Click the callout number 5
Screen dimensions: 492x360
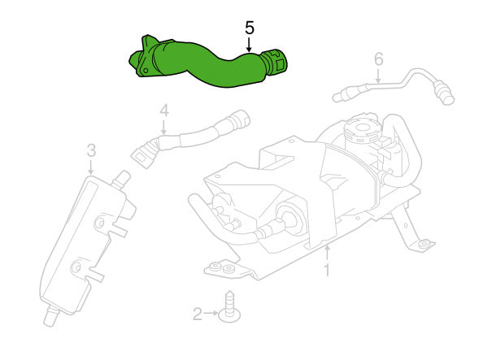tap(250, 28)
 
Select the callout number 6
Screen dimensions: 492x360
tap(379, 59)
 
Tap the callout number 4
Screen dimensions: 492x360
tap(164, 111)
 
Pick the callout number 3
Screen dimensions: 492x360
tap(91, 150)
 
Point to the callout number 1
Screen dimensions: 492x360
tap(327, 270)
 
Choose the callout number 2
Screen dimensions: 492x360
tap(198, 314)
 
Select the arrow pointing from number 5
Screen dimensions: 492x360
tap(249, 45)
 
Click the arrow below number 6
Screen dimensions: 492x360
tap(379, 76)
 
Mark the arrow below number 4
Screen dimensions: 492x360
tap(163, 128)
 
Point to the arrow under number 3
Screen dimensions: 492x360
tap(91, 167)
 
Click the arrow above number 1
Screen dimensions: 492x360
tap(327, 253)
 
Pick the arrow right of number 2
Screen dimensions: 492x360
tap(211, 314)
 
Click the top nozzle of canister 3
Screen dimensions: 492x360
tap(122, 179)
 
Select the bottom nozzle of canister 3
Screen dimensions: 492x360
tap(50, 318)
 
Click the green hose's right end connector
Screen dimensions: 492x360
tap(275, 62)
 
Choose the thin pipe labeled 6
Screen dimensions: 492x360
tap(393, 85)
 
